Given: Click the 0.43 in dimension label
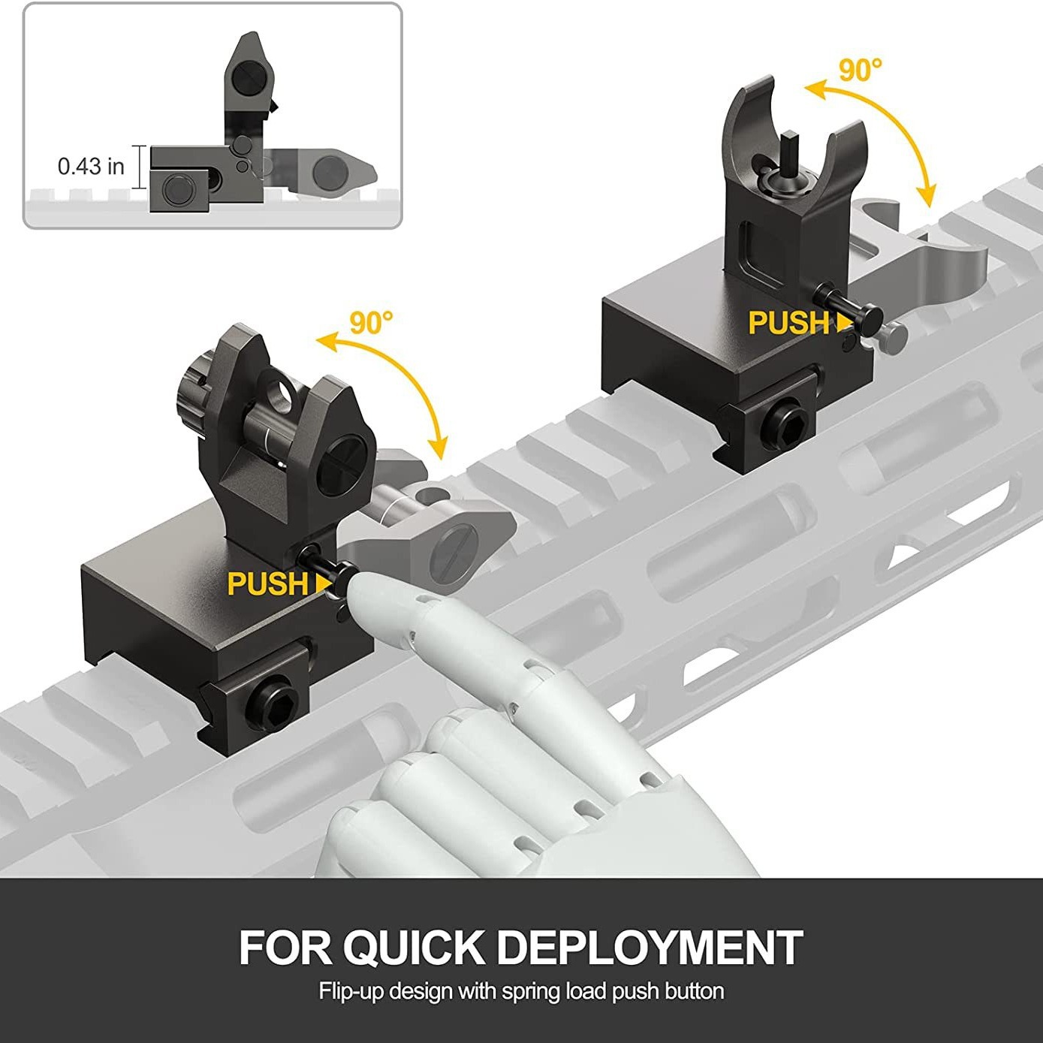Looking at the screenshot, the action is coord(91,166).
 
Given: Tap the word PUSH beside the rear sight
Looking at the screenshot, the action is coord(268,583).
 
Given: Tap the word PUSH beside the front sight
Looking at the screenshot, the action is coord(788,323).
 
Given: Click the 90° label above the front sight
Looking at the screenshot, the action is coord(860,70).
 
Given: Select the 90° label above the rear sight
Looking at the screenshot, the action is coord(371,322).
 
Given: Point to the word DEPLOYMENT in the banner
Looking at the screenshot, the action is coord(650,948).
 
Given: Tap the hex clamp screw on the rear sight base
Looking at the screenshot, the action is coord(273,705).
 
